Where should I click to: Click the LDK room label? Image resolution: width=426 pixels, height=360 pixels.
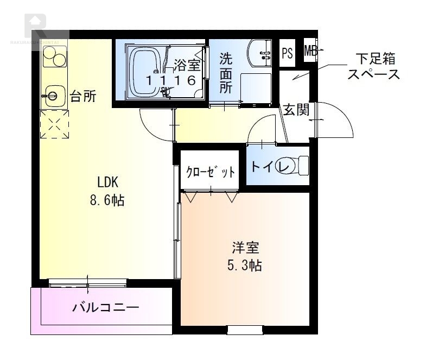[107, 181]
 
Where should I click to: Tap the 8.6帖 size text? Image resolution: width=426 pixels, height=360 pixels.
[107, 200]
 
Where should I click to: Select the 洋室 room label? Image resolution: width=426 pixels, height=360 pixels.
[245, 248]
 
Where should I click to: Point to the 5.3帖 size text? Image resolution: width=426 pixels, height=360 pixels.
[245, 266]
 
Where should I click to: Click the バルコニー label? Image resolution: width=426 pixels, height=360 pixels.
[106, 308]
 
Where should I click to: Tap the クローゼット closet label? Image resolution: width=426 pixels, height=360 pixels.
[211, 173]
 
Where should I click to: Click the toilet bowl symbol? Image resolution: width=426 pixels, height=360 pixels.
[296, 166]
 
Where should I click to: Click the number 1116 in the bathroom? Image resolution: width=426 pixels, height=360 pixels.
[170, 80]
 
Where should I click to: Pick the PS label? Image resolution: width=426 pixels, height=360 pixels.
[288, 53]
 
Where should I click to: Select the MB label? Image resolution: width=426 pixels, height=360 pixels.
[310, 52]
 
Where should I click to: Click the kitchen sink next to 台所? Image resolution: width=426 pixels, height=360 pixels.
[53, 96]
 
